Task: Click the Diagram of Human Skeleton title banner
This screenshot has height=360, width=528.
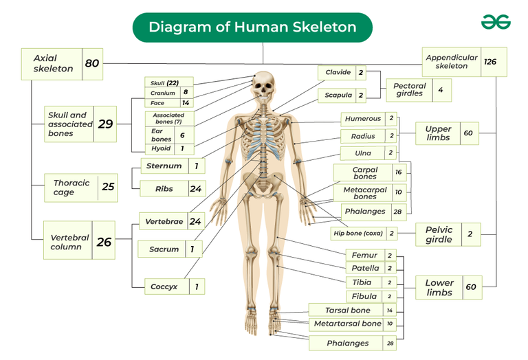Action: (x=252, y=27)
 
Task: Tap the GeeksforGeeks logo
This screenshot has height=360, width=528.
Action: (x=496, y=22)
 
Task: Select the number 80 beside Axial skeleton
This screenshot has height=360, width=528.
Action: (x=92, y=63)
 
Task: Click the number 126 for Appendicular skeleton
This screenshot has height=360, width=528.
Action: (x=490, y=62)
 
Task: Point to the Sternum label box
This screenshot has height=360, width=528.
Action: (x=173, y=166)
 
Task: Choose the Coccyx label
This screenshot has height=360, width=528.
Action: (x=164, y=286)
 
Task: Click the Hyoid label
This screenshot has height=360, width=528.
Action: (x=161, y=148)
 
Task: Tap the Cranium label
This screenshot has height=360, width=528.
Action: (x=163, y=93)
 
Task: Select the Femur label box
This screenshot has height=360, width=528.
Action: (x=371, y=255)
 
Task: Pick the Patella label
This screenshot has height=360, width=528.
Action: (x=365, y=268)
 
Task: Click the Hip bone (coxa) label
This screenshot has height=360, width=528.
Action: (x=358, y=233)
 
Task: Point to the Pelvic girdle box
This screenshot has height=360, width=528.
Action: (x=448, y=234)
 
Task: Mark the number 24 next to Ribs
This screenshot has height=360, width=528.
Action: (x=196, y=189)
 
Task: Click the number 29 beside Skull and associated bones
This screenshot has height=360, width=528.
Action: (x=105, y=124)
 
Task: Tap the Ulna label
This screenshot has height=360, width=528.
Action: (x=363, y=153)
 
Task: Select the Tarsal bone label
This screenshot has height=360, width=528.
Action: (x=347, y=311)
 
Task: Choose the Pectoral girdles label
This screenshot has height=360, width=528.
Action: (x=410, y=90)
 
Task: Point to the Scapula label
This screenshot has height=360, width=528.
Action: (x=338, y=95)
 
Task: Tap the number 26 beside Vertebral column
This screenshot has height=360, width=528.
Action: (x=104, y=242)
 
